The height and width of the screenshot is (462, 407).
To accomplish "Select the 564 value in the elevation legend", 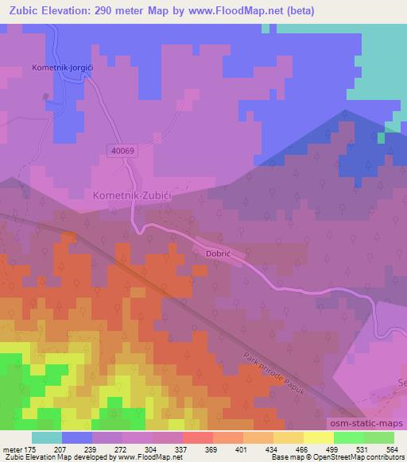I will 392,449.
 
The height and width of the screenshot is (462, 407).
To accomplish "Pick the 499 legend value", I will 333,449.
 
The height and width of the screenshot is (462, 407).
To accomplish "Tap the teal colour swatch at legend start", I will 46,437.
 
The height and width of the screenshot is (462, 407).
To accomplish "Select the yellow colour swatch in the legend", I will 318,437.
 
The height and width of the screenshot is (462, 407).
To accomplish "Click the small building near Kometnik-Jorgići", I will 46,98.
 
